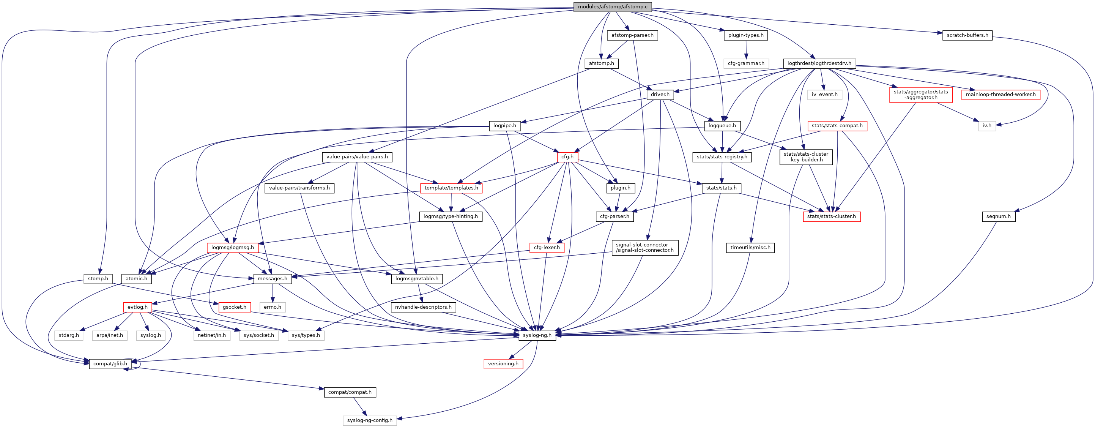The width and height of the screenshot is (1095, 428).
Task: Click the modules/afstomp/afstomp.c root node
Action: [612, 7]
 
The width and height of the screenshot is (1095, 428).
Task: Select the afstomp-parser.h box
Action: [632, 35]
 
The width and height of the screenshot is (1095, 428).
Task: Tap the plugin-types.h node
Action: [745, 35]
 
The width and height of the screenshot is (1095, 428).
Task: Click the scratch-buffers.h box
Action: [967, 35]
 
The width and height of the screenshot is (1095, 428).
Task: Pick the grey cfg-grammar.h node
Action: [745, 63]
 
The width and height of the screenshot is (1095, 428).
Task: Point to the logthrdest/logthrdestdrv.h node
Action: [819, 63]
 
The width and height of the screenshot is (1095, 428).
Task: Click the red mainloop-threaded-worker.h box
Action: [1000, 95]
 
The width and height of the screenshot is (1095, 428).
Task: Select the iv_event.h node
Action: [824, 95]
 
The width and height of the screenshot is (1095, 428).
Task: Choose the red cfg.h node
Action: [567, 157]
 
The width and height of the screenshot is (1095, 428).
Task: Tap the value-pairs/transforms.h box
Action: [299, 188]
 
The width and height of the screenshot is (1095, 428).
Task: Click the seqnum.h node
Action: [998, 216]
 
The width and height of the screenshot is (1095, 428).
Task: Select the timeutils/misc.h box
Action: [750, 248]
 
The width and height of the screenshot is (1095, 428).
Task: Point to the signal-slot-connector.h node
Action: [644, 248]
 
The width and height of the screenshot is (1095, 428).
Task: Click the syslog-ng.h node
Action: [537, 335]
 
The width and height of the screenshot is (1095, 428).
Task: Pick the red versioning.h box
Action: [503, 364]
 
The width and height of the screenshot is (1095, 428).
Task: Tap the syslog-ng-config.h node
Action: [369, 420]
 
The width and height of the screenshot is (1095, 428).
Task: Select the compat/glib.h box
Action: [110, 364]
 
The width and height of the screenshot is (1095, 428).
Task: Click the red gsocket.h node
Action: [234, 307]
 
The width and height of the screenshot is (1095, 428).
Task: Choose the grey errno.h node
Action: [273, 307]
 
